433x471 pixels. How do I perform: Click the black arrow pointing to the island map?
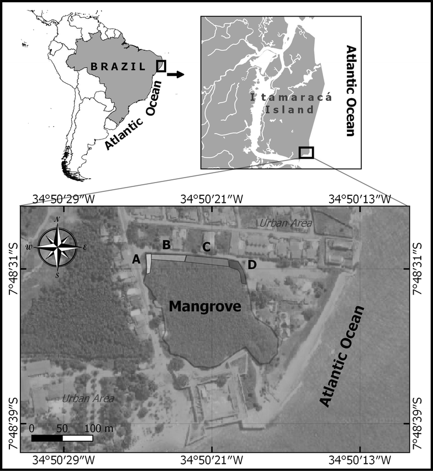point(176,74)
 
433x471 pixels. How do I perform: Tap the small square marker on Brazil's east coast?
point(161,66)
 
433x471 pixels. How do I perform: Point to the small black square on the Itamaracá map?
point(306,152)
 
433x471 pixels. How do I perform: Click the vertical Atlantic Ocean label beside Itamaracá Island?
point(349,91)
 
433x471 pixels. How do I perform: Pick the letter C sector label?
point(205,248)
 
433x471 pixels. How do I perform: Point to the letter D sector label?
point(252,265)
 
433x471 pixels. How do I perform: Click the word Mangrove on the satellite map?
point(205,306)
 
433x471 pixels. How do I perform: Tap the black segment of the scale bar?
point(47,438)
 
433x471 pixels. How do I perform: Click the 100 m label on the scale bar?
point(99,428)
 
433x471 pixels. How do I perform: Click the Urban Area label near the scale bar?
point(88,398)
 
